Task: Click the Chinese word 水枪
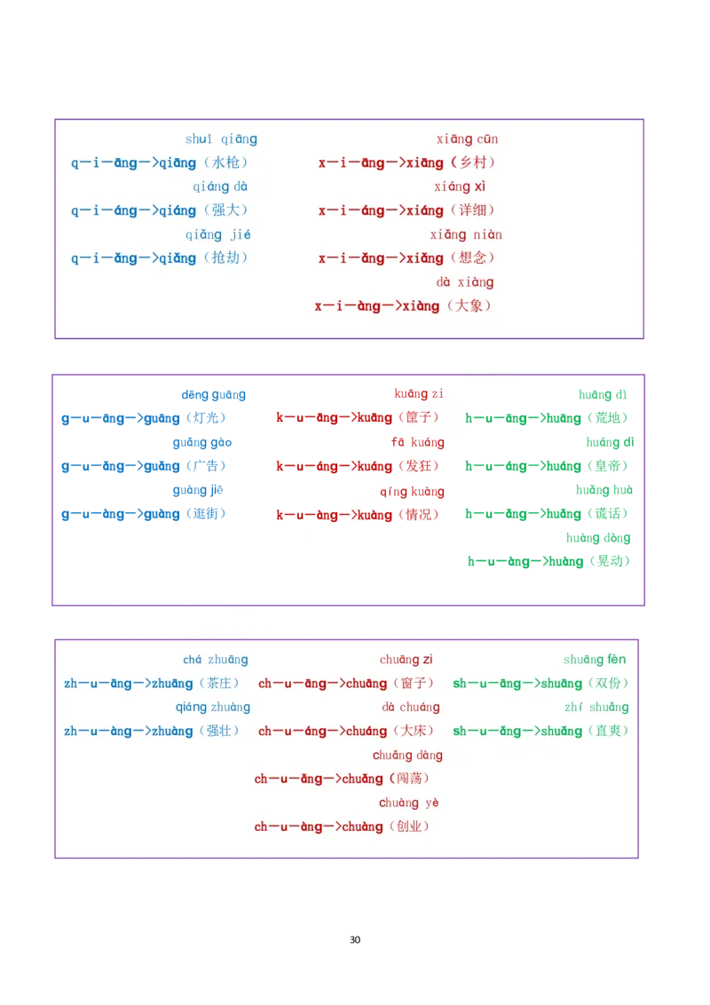225,162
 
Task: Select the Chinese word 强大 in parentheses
225,210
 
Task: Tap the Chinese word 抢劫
225,258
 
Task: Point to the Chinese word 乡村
473,162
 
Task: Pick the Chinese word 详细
473,210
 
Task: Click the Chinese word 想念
473,258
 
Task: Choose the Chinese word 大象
469,306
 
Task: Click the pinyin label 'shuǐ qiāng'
221,139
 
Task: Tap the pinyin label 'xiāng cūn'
467,139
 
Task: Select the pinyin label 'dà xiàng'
464,282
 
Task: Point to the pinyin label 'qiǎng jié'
217,234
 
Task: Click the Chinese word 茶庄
218,684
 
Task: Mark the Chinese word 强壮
218,732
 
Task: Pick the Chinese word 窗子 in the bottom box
413,684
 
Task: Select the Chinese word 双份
608,684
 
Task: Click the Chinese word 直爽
608,732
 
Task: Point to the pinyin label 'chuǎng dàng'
407,756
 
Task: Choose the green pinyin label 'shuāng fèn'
595,660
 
